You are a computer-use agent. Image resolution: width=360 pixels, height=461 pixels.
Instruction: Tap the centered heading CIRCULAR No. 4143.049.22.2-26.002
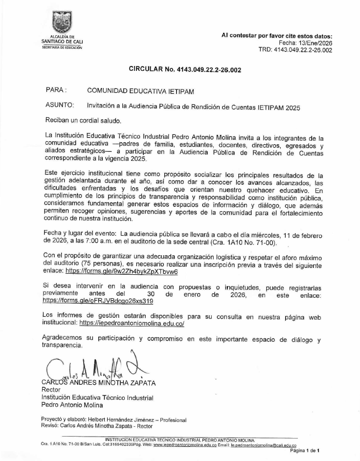tap(185, 70)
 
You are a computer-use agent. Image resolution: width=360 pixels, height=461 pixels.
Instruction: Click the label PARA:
tap(55, 90)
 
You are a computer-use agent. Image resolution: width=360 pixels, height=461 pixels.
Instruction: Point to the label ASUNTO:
tap(60, 105)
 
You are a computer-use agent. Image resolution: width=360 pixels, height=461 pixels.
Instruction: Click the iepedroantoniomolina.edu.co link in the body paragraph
tap(132, 324)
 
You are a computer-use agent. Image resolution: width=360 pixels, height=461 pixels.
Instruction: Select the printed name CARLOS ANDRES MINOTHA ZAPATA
tap(98, 383)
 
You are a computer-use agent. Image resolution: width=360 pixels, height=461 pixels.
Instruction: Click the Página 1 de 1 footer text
tap(305, 451)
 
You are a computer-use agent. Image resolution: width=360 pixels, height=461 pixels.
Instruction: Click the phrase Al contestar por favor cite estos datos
tap(277, 36)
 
